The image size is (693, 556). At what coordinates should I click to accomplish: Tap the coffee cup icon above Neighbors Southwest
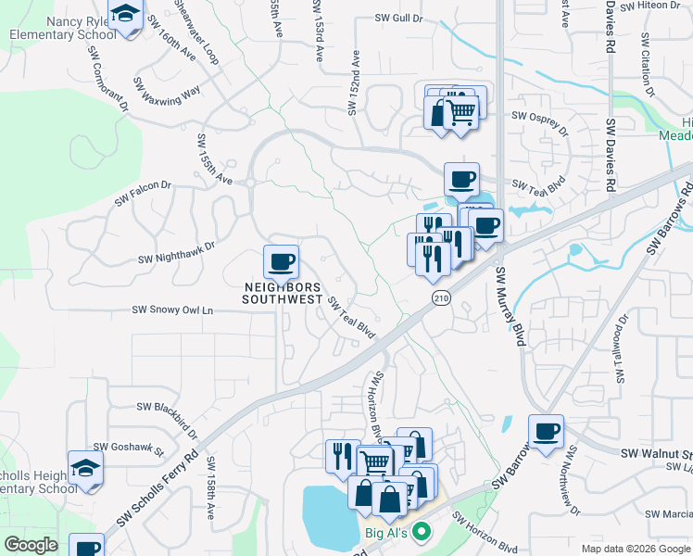click(x=281, y=262)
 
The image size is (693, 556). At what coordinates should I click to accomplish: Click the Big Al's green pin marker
click(x=422, y=533)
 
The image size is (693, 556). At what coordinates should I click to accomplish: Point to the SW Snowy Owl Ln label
click(x=172, y=310)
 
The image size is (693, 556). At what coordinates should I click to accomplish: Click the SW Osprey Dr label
click(x=538, y=116)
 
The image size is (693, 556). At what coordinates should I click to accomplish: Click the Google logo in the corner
click(x=31, y=545)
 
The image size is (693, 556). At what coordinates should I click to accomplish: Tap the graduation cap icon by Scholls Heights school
click(x=85, y=467)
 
